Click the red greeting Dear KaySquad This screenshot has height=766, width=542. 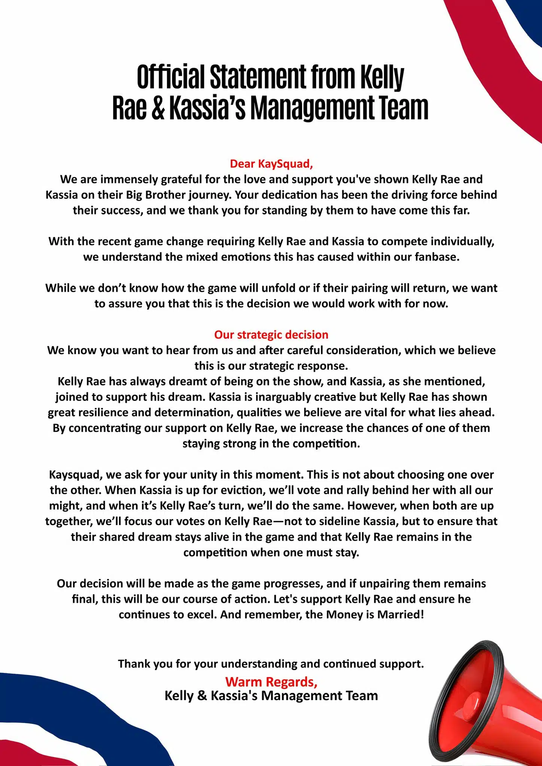(x=271, y=164)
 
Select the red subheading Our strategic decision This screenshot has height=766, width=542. (x=271, y=335)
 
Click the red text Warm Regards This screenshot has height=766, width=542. (x=271, y=682)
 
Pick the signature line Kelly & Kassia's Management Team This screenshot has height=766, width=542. (x=271, y=696)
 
